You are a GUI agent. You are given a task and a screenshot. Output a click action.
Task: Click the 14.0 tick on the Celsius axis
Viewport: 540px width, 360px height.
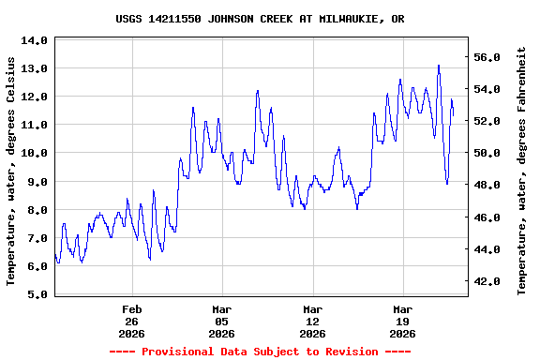click(35, 40)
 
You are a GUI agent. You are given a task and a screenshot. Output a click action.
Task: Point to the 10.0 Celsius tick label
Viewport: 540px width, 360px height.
click(35, 153)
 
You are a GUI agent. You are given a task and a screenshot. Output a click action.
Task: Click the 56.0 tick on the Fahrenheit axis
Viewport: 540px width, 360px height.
click(491, 57)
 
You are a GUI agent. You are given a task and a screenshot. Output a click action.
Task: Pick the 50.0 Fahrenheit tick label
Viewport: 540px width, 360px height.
click(491, 153)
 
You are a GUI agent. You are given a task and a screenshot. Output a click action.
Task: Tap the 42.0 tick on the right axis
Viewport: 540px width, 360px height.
click(491, 281)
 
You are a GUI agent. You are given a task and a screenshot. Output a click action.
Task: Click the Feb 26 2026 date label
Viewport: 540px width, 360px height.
click(131, 321)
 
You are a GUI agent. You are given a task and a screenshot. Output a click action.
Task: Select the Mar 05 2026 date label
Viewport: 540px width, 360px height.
click(221, 321)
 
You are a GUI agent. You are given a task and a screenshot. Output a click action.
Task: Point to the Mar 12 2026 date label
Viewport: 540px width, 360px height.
click(312, 321)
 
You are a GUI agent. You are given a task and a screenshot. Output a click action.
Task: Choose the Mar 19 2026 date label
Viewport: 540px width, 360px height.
click(402, 321)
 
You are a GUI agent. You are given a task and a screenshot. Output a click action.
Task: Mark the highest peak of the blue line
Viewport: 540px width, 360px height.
click(439, 66)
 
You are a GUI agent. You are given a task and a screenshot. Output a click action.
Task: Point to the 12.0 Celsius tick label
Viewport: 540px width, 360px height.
click(35, 97)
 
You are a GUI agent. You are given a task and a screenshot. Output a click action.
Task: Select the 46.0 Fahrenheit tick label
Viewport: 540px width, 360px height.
click(491, 217)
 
